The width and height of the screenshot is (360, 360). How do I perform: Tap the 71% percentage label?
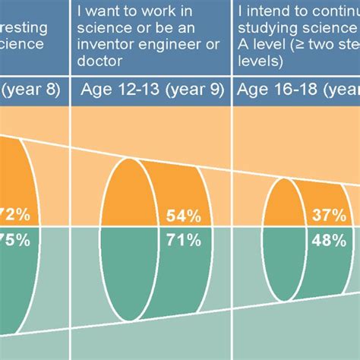coord(183,241)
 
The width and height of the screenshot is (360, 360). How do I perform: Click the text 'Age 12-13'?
coord(116,92)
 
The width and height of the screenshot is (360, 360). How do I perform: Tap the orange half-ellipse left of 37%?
coord(283,205)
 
